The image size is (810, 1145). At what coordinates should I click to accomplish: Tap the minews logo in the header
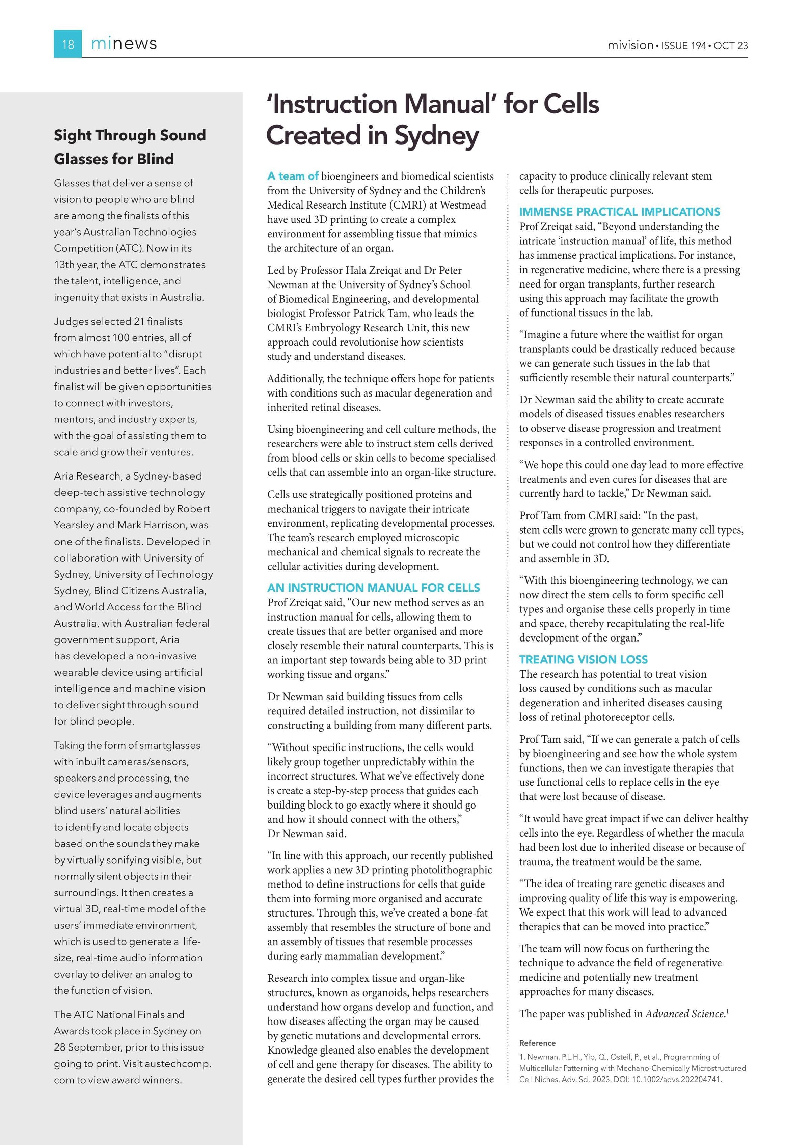coord(124,44)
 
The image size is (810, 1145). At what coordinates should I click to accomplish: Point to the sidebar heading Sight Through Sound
coord(130,135)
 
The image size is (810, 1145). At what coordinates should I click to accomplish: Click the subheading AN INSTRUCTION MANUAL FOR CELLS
coord(374,588)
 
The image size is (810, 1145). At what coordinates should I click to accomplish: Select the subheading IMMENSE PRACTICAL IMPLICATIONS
coord(619,212)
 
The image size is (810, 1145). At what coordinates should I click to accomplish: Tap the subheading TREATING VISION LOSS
coord(583,659)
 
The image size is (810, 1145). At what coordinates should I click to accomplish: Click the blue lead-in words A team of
coord(293,176)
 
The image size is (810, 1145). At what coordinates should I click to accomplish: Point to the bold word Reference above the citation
coord(537,1043)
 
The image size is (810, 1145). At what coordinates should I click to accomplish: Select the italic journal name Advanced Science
coord(685,1014)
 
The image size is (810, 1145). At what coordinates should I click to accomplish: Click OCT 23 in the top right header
coord(731,45)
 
